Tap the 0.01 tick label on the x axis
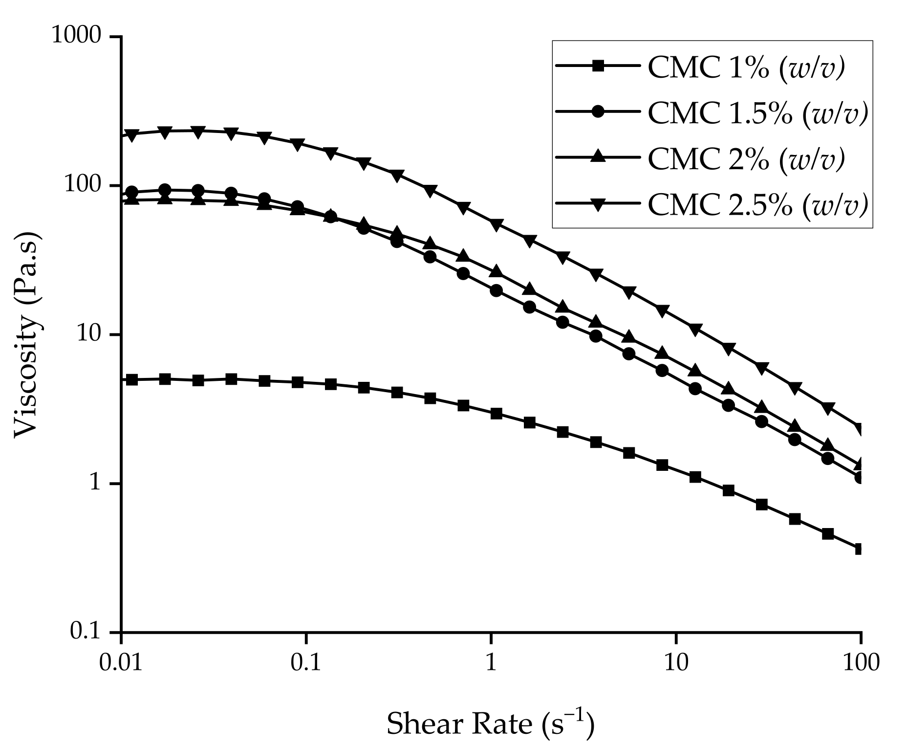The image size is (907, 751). [121, 663]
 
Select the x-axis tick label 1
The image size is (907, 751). [491, 663]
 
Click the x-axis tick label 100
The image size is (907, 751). [860, 663]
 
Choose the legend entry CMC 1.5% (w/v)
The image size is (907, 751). [757, 113]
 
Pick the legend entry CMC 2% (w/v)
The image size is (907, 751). [746, 158]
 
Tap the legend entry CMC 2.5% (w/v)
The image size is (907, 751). [757, 204]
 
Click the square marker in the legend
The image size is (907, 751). [598, 67]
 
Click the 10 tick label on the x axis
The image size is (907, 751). [675, 663]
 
